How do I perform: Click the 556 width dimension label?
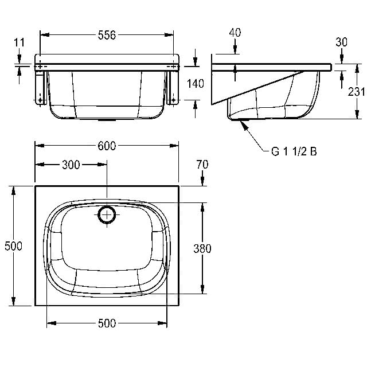tap(107, 36)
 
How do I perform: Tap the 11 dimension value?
tap(19, 42)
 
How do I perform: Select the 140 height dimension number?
tap(196, 84)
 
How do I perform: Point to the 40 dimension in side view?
tap(235, 33)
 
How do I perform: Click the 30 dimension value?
tap(342, 42)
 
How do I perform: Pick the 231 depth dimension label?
tap(356, 92)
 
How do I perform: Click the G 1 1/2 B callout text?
tap(294, 151)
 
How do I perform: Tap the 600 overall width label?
tap(107, 146)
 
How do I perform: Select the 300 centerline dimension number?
tap(71, 165)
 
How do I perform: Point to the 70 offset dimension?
tap(202, 165)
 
